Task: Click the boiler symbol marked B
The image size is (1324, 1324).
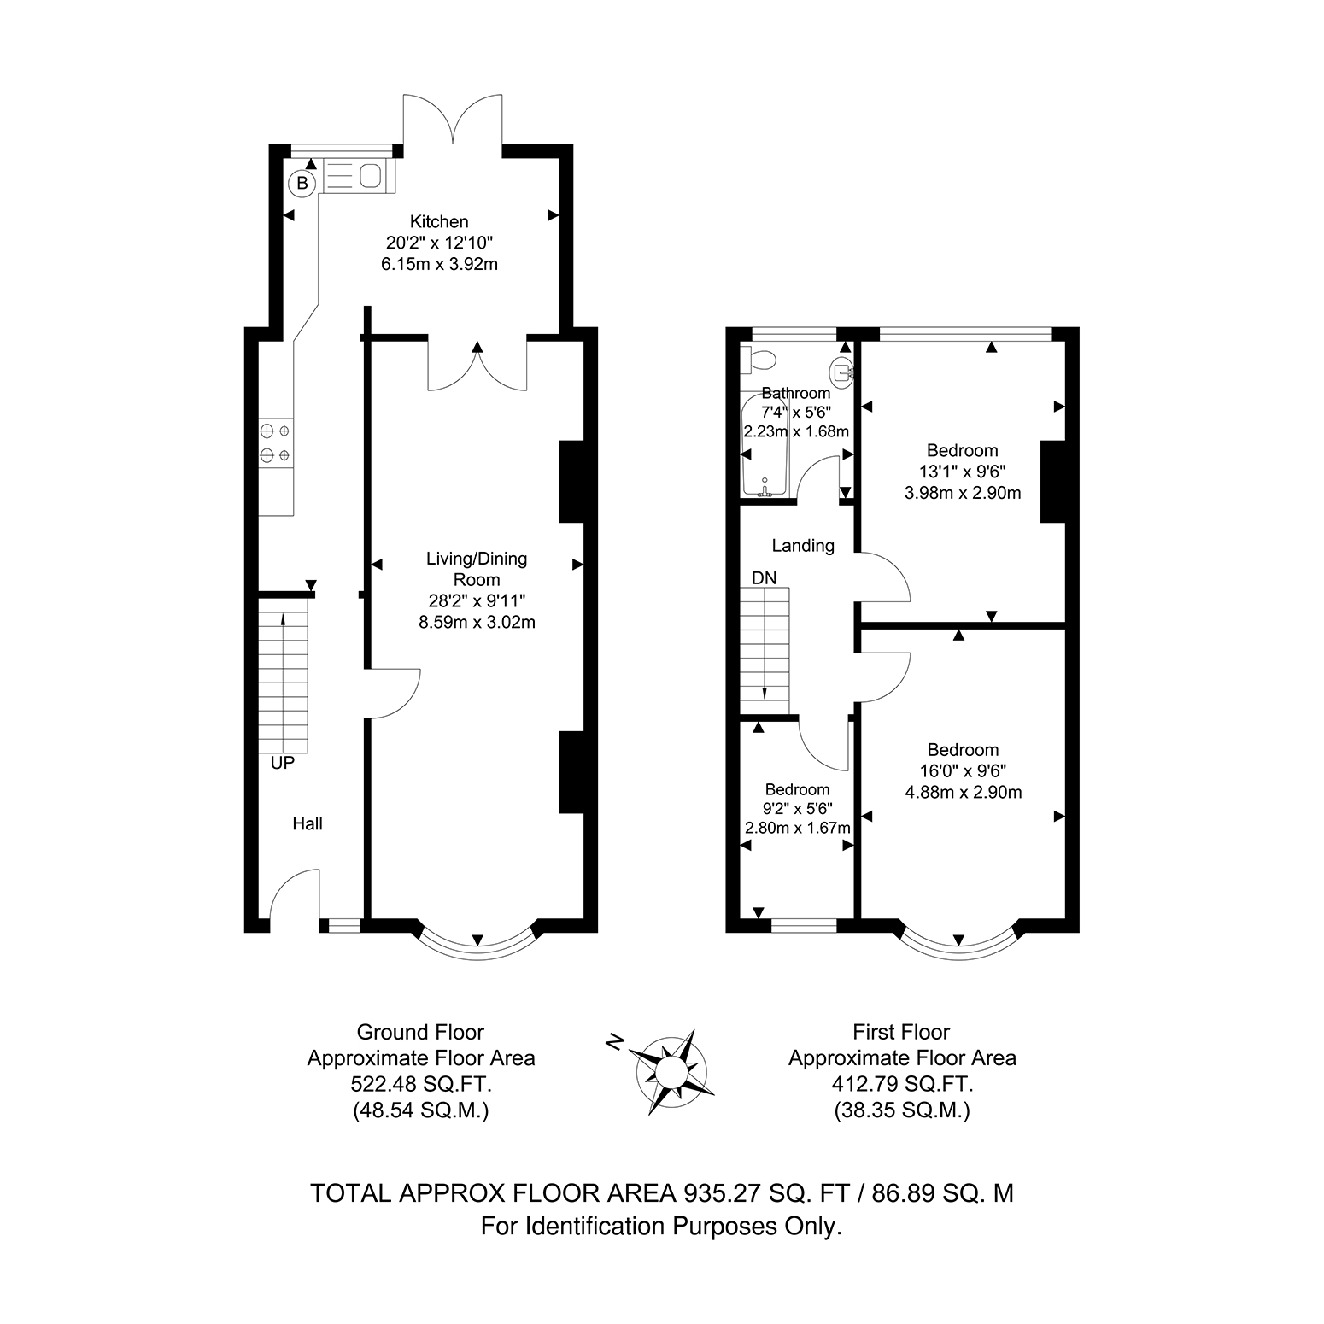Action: pyautogui.click(x=302, y=182)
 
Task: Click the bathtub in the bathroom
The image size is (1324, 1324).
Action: pyautogui.click(x=764, y=445)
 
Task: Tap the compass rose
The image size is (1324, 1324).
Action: pyautogui.click(x=671, y=1071)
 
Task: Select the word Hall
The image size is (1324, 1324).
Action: pyautogui.click(x=308, y=823)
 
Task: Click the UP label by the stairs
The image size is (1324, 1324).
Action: pyautogui.click(x=282, y=764)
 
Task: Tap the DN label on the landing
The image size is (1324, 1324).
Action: pyautogui.click(x=765, y=578)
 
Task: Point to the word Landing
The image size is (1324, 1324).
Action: pyautogui.click(x=803, y=545)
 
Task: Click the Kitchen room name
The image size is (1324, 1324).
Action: pyautogui.click(x=439, y=222)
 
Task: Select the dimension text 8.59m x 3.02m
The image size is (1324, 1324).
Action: pyautogui.click(x=477, y=622)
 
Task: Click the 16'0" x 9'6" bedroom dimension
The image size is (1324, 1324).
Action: pyautogui.click(x=963, y=771)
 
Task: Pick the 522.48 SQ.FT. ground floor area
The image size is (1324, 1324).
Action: pyautogui.click(x=421, y=1085)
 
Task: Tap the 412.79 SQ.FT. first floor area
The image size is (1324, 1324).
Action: pyautogui.click(x=902, y=1085)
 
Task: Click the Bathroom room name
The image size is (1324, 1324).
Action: pyautogui.click(x=796, y=393)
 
